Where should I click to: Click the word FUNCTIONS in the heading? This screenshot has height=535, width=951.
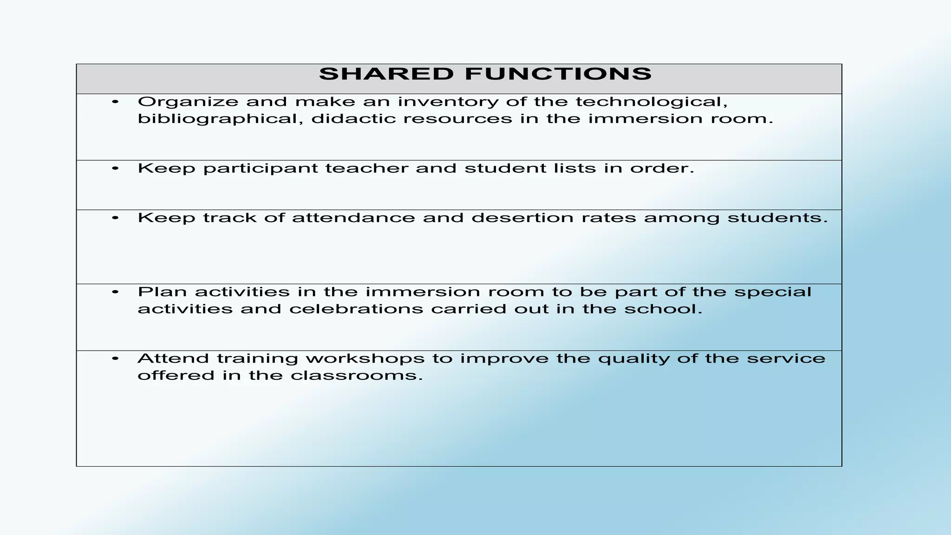pos(558,74)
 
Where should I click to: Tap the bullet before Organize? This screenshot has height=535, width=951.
pos(116,102)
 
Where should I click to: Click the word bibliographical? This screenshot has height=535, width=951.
pos(220,119)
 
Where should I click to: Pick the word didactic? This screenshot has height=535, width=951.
pos(352,119)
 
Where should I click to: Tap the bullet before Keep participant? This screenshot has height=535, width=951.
pos(116,168)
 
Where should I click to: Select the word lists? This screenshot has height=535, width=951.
pos(574,168)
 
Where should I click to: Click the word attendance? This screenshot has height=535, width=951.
pos(353,218)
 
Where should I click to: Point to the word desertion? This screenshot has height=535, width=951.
pos(522,218)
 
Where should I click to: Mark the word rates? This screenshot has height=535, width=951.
pos(608,218)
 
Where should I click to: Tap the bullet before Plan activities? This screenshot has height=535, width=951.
pos(116,292)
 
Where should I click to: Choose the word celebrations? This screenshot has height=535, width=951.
pos(356,309)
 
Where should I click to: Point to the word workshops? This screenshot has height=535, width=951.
pos(365,359)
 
